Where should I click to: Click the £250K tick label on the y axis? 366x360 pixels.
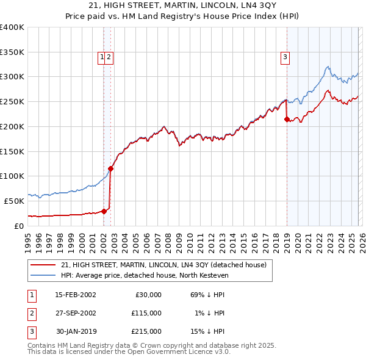12,102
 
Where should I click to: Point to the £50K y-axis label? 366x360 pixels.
14,201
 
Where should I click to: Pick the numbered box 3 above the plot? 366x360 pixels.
285,58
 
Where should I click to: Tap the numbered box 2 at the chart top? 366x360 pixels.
109,58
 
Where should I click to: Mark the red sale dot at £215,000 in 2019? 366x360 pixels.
287,120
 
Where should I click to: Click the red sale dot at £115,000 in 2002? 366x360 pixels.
111,168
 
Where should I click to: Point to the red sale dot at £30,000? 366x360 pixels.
104,211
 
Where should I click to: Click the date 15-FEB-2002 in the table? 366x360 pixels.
75,295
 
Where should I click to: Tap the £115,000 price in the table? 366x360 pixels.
146,313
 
